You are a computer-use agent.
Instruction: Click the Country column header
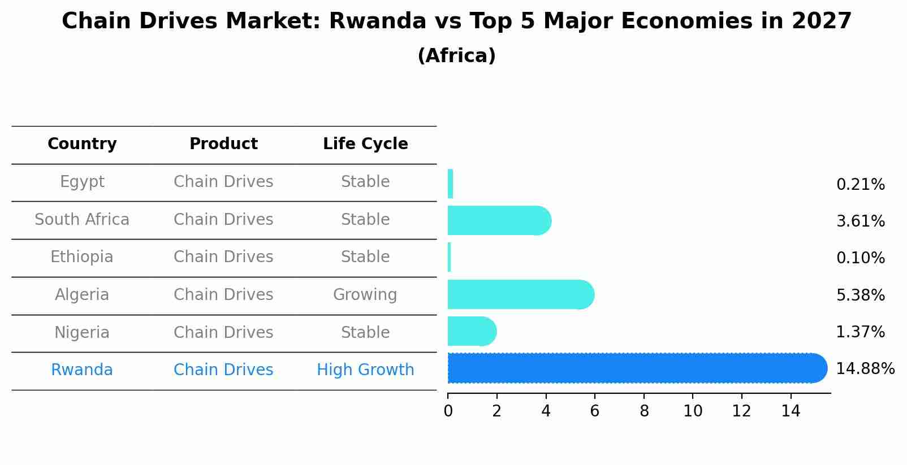click(x=82, y=144)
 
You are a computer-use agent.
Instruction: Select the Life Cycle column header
click(x=365, y=144)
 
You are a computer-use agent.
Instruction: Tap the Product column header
click(x=223, y=144)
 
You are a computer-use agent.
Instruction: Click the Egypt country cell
click(x=82, y=182)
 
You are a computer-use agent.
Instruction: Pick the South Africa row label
click(x=82, y=220)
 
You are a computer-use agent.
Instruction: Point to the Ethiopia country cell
click(x=82, y=257)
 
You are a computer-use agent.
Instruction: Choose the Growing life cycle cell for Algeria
click(x=365, y=295)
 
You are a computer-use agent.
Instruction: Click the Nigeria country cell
click(x=82, y=333)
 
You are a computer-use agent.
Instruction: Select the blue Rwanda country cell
click(x=82, y=370)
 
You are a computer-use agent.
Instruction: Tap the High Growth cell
click(x=365, y=370)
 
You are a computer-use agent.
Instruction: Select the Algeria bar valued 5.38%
click(x=520, y=294)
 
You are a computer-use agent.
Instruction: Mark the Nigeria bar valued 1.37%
click(x=472, y=331)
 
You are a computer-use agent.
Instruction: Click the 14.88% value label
click(x=865, y=369)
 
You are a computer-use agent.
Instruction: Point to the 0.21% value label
click(x=860, y=185)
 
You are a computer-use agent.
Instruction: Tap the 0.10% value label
click(x=860, y=258)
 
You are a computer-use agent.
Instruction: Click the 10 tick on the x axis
click(x=693, y=411)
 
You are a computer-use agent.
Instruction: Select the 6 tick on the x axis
click(x=594, y=411)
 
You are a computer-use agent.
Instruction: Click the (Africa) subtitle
click(x=456, y=56)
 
